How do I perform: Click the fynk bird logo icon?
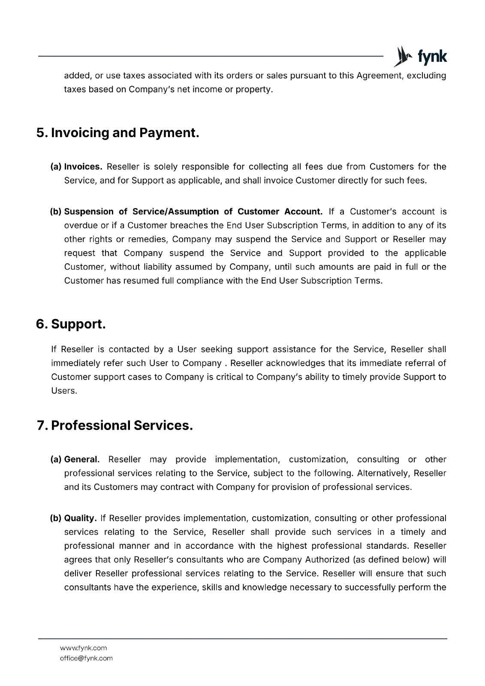pos(401,56)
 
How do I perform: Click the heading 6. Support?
pos(71,324)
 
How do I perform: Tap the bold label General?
pos(82,459)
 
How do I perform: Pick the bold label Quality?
pos(80,518)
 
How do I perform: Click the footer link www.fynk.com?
pos(83,648)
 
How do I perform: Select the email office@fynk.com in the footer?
pos(86,658)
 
